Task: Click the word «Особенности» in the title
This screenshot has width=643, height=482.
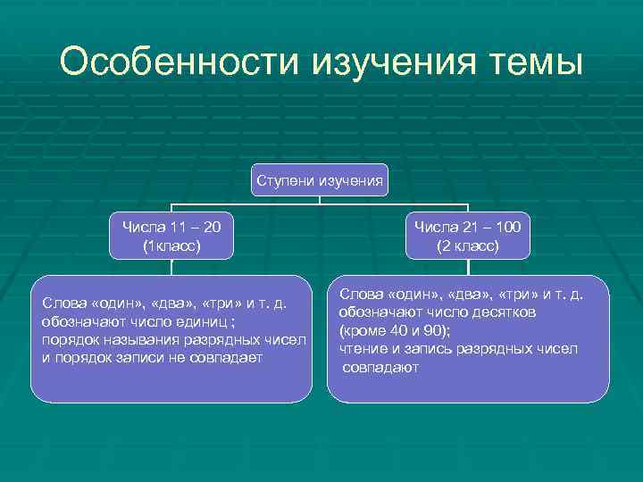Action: pos(180,63)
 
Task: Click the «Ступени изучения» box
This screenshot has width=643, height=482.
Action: pos(320,181)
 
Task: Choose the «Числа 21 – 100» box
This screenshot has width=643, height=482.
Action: pos(467,235)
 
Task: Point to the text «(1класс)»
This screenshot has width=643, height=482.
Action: pos(171,245)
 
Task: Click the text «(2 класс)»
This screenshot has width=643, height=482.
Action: pos(467,245)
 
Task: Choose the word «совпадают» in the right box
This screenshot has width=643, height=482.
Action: pos(380,367)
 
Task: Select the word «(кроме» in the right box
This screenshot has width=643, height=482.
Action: pos(361,330)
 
